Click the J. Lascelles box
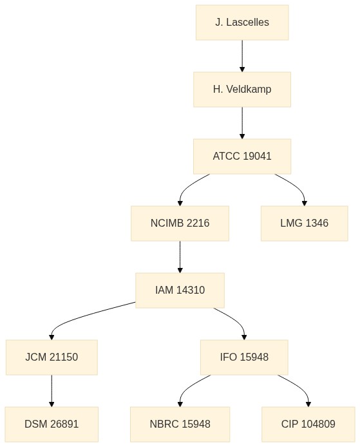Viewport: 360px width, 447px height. (242, 23)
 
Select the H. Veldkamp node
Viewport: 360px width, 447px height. (242, 90)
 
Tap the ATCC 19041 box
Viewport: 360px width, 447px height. (242, 157)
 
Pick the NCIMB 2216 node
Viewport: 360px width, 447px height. (180, 223)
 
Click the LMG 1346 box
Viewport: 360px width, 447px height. (304, 223)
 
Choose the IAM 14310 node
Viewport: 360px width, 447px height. (180, 290)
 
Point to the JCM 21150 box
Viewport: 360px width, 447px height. (52, 357)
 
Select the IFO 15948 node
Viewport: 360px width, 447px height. (244, 357)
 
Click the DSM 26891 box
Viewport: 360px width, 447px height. (52, 424)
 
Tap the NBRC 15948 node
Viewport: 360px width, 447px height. (180, 424)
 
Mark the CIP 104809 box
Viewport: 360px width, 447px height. (308, 424)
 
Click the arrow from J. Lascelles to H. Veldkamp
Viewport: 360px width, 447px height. (242, 56)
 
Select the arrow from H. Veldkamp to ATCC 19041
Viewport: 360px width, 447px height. (242, 123)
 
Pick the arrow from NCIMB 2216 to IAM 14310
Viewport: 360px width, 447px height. (180, 257)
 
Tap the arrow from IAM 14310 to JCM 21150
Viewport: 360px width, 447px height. (86, 316)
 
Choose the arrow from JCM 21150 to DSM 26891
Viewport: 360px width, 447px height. (52, 391)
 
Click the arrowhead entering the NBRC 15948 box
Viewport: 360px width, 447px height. (180, 404)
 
